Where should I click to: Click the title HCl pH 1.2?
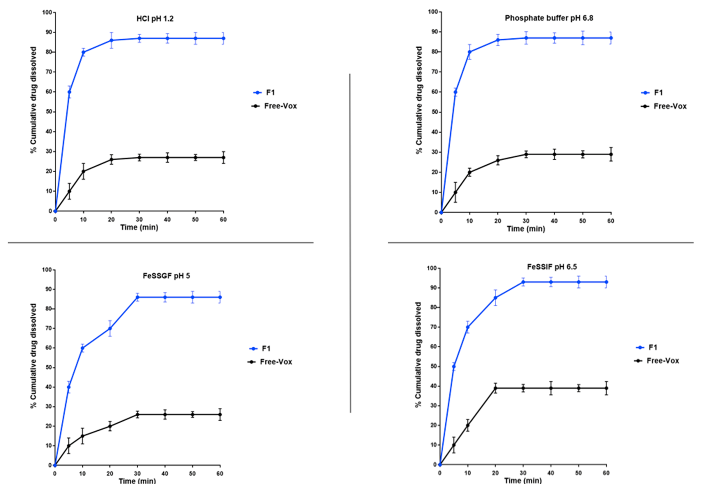tap(155, 19)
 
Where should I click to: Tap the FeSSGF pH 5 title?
tap(166, 276)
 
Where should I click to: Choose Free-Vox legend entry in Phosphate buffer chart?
tap(670, 106)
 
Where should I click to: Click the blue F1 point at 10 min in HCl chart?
tap(83, 52)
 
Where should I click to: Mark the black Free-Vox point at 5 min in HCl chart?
tap(69, 191)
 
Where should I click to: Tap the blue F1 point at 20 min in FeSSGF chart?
tap(110, 328)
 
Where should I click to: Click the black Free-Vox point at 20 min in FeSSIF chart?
tap(495, 388)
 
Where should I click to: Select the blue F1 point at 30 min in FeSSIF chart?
tap(523, 282)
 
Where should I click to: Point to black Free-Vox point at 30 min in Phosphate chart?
tap(526, 155)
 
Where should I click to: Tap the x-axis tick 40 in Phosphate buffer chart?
tap(554, 221)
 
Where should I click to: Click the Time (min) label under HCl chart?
tap(139, 227)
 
